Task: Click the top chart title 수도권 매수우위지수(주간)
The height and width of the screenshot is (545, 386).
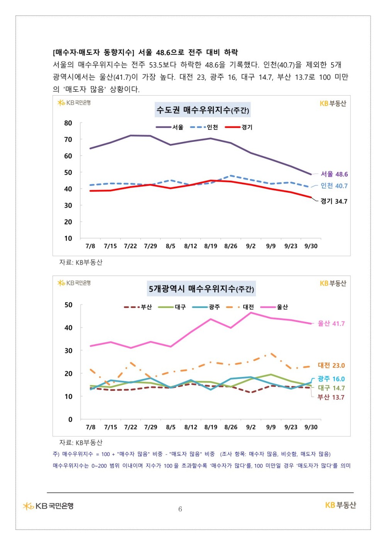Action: click(x=203, y=110)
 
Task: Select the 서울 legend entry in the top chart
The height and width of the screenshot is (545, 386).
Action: click(x=170, y=127)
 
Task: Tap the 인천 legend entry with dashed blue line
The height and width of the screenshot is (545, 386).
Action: click(x=204, y=127)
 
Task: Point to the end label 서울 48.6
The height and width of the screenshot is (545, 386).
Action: click(x=334, y=174)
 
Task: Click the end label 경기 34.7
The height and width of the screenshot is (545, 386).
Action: click(x=334, y=201)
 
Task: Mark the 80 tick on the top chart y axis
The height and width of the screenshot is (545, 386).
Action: click(x=68, y=123)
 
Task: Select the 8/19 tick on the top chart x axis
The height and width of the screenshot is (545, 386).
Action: click(x=211, y=246)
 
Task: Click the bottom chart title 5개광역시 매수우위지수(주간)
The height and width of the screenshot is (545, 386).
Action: click(x=201, y=289)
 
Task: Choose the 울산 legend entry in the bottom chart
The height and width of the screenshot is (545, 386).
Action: click(x=274, y=307)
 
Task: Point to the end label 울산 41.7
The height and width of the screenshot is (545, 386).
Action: click(x=331, y=324)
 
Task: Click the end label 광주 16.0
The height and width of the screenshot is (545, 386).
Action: click(x=331, y=379)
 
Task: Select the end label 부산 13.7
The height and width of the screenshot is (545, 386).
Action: click(x=331, y=397)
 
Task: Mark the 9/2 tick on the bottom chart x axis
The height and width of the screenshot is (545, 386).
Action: click(x=251, y=427)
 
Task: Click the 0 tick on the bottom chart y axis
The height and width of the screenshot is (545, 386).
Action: click(x=70, y=419)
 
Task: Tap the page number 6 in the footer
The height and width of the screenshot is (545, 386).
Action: click(x=180, y=509)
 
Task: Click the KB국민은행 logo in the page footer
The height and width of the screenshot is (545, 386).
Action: click(x=48, y=506)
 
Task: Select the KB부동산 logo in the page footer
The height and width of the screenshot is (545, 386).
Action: click(x=340, y=505)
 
